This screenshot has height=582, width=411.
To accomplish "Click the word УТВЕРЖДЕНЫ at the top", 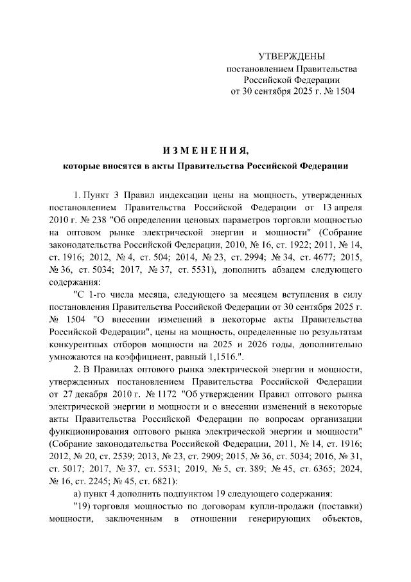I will point(292,57).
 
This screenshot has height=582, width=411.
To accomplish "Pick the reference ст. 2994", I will point(225,256).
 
